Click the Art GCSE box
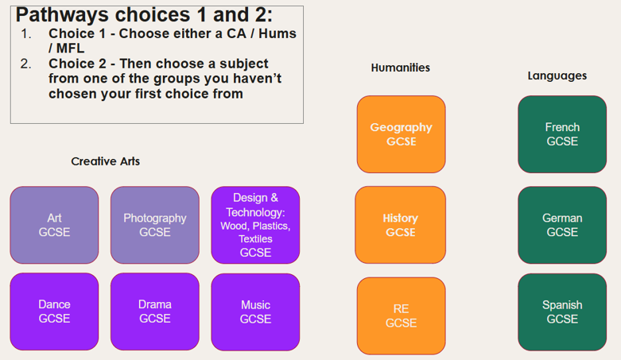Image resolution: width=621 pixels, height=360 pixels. click(x=54, y=225)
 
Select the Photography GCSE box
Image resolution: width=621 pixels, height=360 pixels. click(x=155, y=225)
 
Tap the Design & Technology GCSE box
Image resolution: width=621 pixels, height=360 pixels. click(x=255, y=225)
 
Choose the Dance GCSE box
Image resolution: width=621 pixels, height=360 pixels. click(x=54, y=312)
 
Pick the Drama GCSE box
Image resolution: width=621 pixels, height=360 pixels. click(x=155, y=312)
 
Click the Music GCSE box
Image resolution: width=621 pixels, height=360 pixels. click(x=255, y=312)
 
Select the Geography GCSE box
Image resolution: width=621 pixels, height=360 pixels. click(x=402, y=134)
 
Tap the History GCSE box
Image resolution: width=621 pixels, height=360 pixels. click(x=401, y=225)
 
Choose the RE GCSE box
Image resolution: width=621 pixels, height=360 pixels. click(x=402, y=315)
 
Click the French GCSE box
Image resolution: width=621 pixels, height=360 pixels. click(x=562, y=134)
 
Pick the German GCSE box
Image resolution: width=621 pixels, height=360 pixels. click(x=562, y=225)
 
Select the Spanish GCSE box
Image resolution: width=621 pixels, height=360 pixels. click(x=562, y=312)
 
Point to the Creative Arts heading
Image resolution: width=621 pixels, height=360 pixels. click(x=105, y=161)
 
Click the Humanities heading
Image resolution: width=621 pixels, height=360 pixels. click(x=401, y=68)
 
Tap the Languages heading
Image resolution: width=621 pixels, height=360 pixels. click(x=557, y=75)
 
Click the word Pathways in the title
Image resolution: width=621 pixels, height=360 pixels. click(x=63, y=15)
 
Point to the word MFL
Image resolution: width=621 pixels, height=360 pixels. click(x=70, y=48)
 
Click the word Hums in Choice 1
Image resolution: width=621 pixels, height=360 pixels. click(x=278, y=33)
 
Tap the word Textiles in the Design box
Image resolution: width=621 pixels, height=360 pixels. click(x=255, y=239)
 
